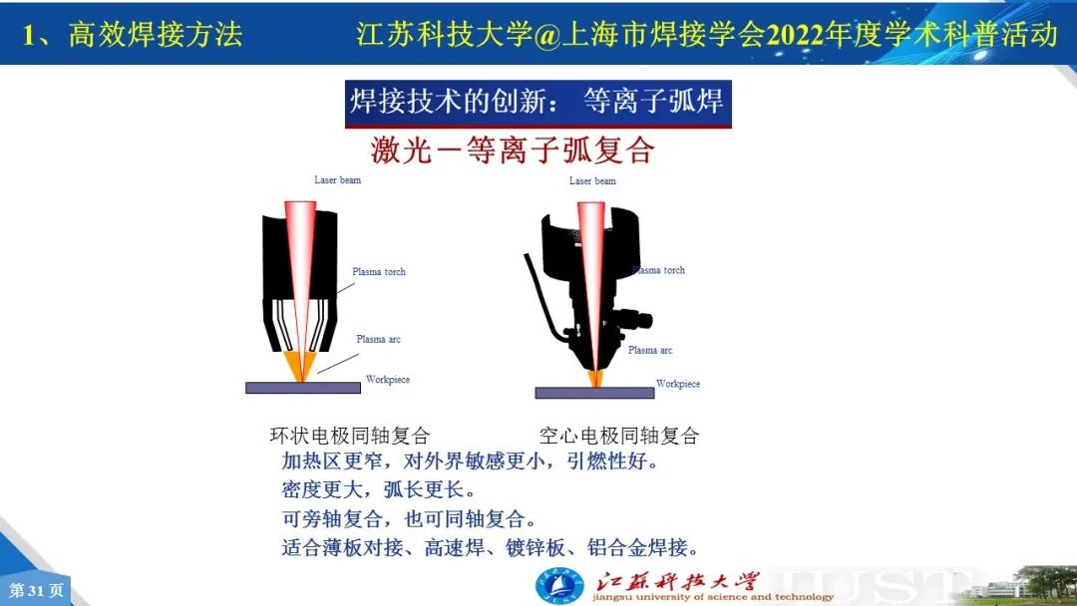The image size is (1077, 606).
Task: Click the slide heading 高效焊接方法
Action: coord(156,34)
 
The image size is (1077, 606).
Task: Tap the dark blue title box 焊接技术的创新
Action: coord(538,104)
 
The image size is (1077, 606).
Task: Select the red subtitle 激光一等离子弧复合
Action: coord(513,150)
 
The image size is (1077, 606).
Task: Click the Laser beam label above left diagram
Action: coord(337,179)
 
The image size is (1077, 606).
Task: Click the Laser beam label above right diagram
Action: coord(592,180)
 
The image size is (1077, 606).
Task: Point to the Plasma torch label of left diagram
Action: coord(379,272)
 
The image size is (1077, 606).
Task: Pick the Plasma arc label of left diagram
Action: coord(378,339)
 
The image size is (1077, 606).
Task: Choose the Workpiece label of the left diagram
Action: coord(387,379)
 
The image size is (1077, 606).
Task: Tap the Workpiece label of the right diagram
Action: coord(678,384)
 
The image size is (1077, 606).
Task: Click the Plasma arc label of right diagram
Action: coord(650,350)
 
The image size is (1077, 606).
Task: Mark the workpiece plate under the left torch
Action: coord(303,388)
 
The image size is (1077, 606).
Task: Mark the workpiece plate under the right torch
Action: coord(594,393)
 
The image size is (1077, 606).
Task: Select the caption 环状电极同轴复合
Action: coord(350,436)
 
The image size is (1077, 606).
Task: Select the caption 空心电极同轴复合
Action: coord(619,436)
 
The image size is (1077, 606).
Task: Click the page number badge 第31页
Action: coord(36,590)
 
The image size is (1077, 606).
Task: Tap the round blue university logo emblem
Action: coord(559,586)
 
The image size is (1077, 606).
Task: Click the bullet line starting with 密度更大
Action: coord(379,489)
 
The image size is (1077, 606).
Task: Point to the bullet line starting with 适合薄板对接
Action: coord(491,547)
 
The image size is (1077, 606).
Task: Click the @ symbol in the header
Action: coord(547,35)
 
